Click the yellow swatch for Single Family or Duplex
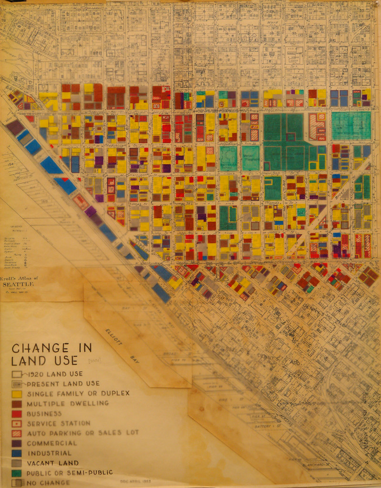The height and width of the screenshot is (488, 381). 17,394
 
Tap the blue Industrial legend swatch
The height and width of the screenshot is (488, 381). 17,453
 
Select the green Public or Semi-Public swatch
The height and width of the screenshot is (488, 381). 17,473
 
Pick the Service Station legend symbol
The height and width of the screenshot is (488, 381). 17,423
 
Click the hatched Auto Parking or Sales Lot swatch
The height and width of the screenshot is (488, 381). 17,433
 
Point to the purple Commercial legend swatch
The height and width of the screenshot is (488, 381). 17,443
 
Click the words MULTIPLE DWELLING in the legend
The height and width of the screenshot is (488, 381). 68,403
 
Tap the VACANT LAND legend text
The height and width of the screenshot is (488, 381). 53,463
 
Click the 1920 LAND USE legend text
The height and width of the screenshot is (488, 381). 55,374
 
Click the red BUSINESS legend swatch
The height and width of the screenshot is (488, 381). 17,413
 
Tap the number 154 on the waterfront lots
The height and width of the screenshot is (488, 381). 10,164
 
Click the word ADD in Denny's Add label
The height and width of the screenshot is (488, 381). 295,363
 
